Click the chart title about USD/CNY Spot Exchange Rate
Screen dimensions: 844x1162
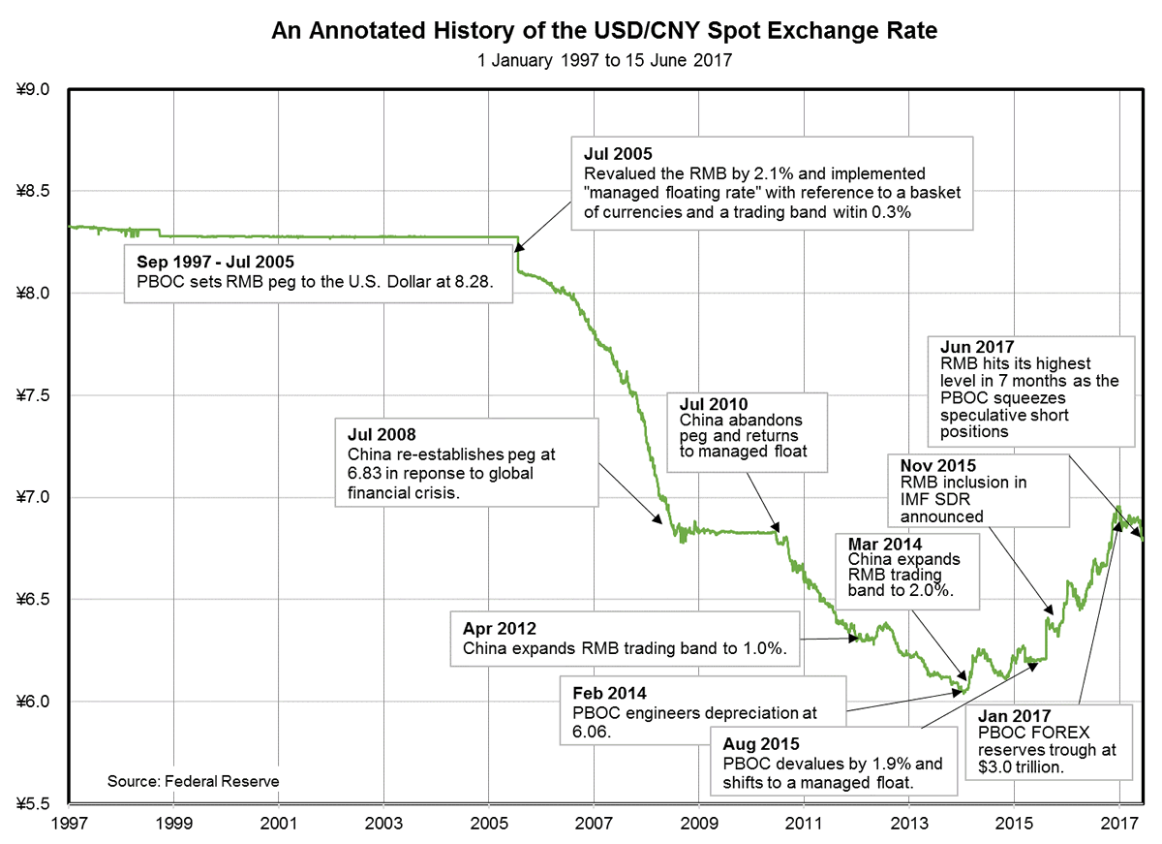point(603,32)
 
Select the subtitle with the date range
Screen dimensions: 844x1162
point(603,60)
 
